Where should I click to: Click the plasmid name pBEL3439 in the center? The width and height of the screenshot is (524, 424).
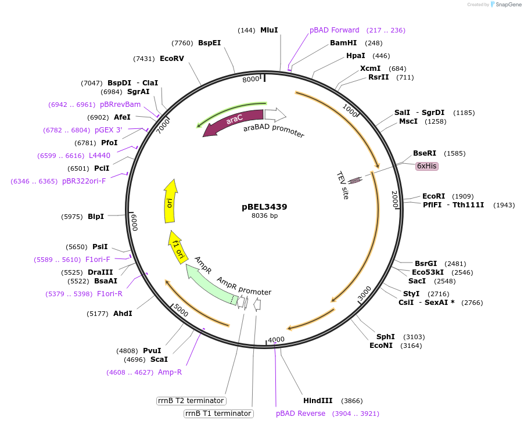pyautogui.click(x=264, y=206)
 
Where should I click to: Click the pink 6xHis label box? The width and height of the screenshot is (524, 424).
pyautogui.click(x=426, y=166)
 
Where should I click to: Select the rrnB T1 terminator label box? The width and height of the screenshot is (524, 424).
pyautogui.click(x=218, y=414)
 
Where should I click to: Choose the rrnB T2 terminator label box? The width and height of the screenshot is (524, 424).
pyautogui.click(x=191, y=401)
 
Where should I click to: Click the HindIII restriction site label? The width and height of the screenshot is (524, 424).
pyautogui.click(x=318, y=401)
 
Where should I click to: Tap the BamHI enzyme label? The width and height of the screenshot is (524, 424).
pyautogui.click(x=343, y=43)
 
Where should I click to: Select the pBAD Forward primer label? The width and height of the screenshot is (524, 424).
pyautogui.click(x=334, y=30)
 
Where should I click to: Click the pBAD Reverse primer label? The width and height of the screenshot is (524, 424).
pyautogui.click(x=300, y=414)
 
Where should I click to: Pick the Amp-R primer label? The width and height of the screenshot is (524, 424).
pyautogui.click(x=170, y=372)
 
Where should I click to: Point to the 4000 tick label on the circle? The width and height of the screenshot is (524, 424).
pyautogui.click(x=276, y=340)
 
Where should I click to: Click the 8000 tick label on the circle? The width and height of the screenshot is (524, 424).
pyautogui.click(x=251, y=79)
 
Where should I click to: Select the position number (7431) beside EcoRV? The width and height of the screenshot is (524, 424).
pyautogui.click(x=144, y=59)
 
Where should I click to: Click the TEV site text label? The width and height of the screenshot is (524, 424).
pyautogui.click(x=343, y=185)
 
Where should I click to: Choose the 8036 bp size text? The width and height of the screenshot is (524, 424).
pyautogui.click(x=264, y=216)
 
